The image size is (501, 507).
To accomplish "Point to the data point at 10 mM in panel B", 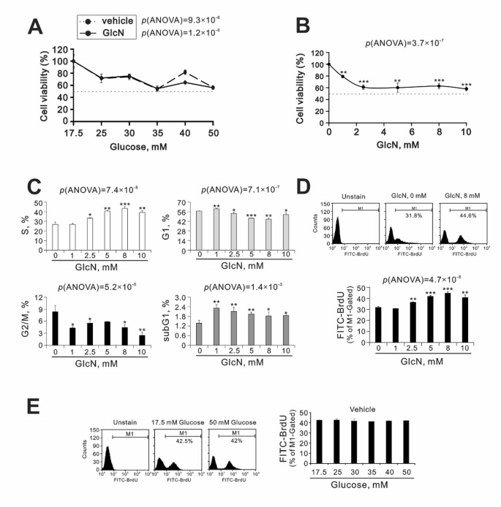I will click(x=466, y=88).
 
